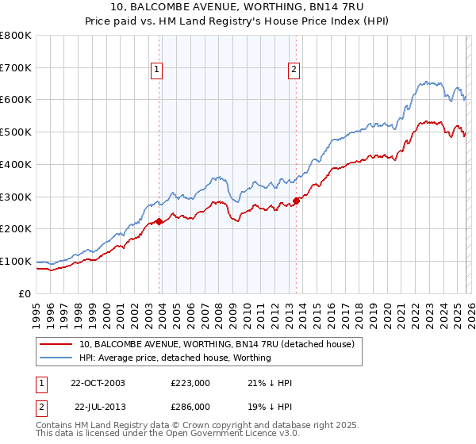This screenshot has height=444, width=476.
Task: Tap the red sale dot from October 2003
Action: click(x=159, y=221)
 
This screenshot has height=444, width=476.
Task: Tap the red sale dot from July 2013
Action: click(x=296, y=201)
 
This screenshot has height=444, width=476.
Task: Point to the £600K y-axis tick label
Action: click(x=16, y=100)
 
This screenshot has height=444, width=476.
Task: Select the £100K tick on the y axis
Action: click(x=16, y=261)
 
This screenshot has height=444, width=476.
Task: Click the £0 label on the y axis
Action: click(x=25, y=293)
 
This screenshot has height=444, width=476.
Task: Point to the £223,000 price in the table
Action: click(x=190, y=383)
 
